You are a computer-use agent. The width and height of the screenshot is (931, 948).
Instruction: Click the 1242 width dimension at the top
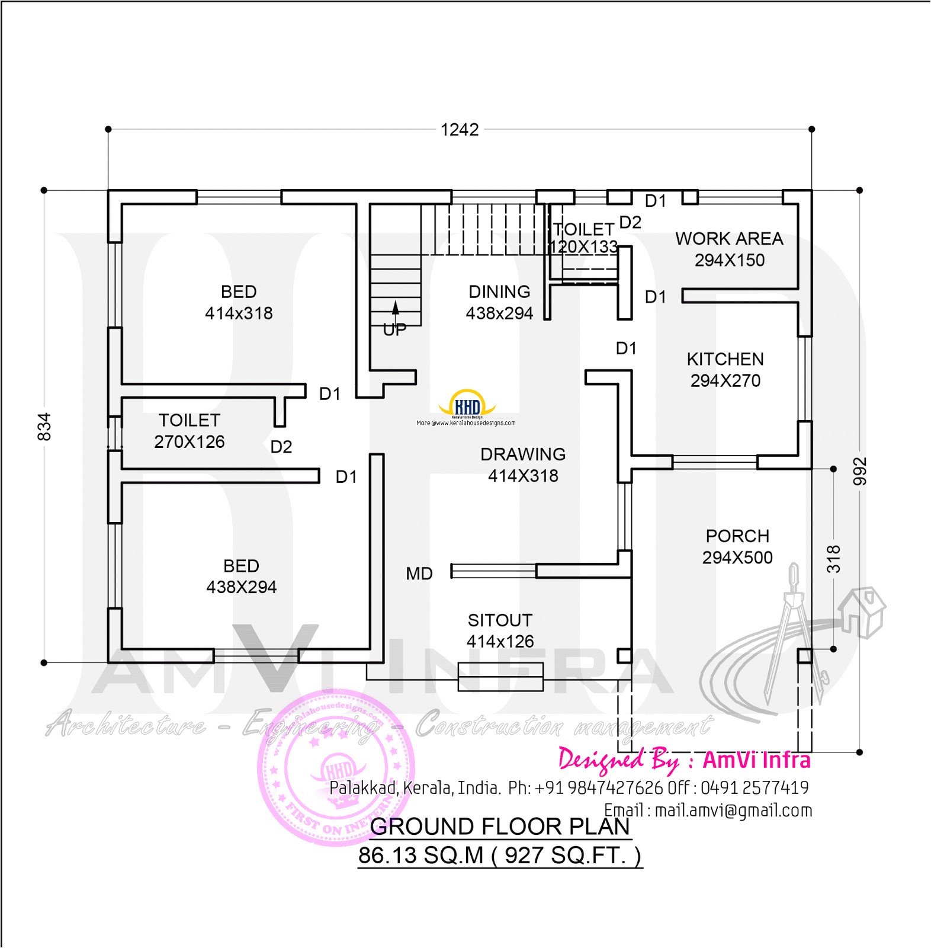(x=460, y=130)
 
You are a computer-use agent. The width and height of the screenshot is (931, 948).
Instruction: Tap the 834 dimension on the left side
(x=44, y=427)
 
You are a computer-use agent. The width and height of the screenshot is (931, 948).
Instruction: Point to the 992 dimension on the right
(x=860, y=471)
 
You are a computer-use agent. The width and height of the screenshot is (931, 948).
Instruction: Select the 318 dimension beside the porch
(x=834, y=559)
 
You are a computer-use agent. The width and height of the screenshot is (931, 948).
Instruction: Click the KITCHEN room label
(x=725, y=359)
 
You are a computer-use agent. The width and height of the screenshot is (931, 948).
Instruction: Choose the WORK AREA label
(x=729, y=239)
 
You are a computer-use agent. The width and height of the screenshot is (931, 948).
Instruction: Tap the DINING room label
(x=499, y=292)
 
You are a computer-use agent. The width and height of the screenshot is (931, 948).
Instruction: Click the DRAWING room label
(x=523, y=454)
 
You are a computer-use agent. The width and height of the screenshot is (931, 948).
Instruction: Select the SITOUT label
(x=500, y=620)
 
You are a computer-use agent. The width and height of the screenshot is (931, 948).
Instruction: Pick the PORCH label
(x=737, y=536)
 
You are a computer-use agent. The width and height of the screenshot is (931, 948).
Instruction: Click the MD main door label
(x=419, y=574)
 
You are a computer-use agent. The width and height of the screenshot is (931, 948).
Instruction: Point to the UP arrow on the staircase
(x=395, y=309)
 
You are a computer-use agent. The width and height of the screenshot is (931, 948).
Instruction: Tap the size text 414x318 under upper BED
(x=239, y=313)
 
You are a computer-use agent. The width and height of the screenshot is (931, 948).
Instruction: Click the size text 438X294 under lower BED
(x=241, y=587)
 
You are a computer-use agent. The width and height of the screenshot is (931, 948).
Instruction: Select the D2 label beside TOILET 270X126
(x=281, y=447)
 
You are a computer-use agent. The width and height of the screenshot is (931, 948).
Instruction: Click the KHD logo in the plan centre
(x=467, y=404)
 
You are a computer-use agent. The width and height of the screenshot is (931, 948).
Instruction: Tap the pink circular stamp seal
(x=336, y=768)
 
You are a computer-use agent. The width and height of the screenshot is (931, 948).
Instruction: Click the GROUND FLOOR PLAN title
(x=500, y=827)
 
